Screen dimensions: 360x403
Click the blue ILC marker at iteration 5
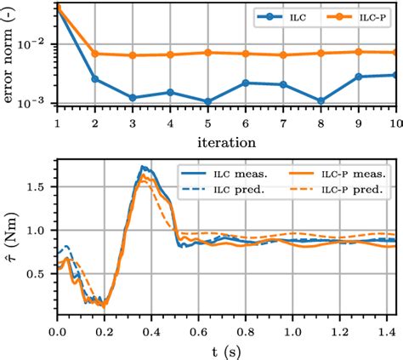pos(207,100)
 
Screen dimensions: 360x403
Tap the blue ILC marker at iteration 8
pos(321,100)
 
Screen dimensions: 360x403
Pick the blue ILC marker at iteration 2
pos(95,78)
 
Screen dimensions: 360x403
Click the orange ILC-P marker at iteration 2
pos(95,54)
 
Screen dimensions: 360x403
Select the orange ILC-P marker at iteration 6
pos(245,54)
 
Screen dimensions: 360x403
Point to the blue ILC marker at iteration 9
pos(358,77)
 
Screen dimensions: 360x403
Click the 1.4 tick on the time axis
pos(389,328)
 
